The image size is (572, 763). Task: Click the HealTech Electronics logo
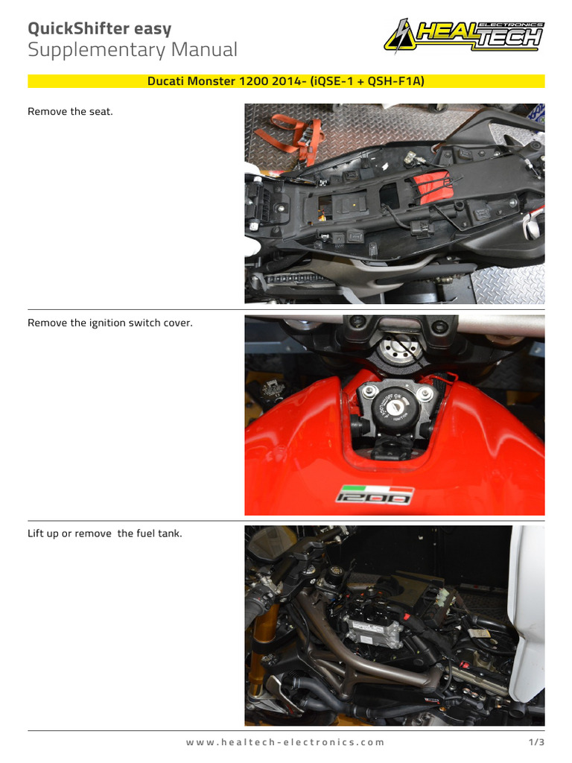pos(463,35)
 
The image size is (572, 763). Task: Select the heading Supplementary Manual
pos(133,51)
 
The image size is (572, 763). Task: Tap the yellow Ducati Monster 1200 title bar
pos(286,80)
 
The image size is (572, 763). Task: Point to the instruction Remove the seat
pos(70,112)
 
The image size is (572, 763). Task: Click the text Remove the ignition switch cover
pos(110,323)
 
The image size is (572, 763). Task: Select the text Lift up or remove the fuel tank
pos(104,534)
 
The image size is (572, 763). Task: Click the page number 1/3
pos(536,742)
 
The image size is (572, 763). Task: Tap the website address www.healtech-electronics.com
pos(285,742)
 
